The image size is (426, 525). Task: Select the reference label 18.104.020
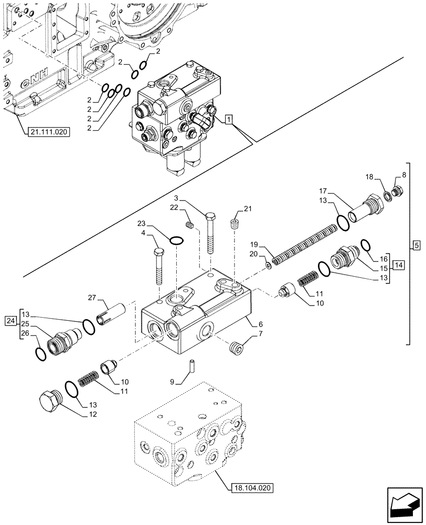(251, 488)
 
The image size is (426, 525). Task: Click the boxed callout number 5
(415, 245)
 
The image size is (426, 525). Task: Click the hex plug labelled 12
(50, 402)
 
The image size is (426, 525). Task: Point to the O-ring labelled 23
(177, 240)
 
